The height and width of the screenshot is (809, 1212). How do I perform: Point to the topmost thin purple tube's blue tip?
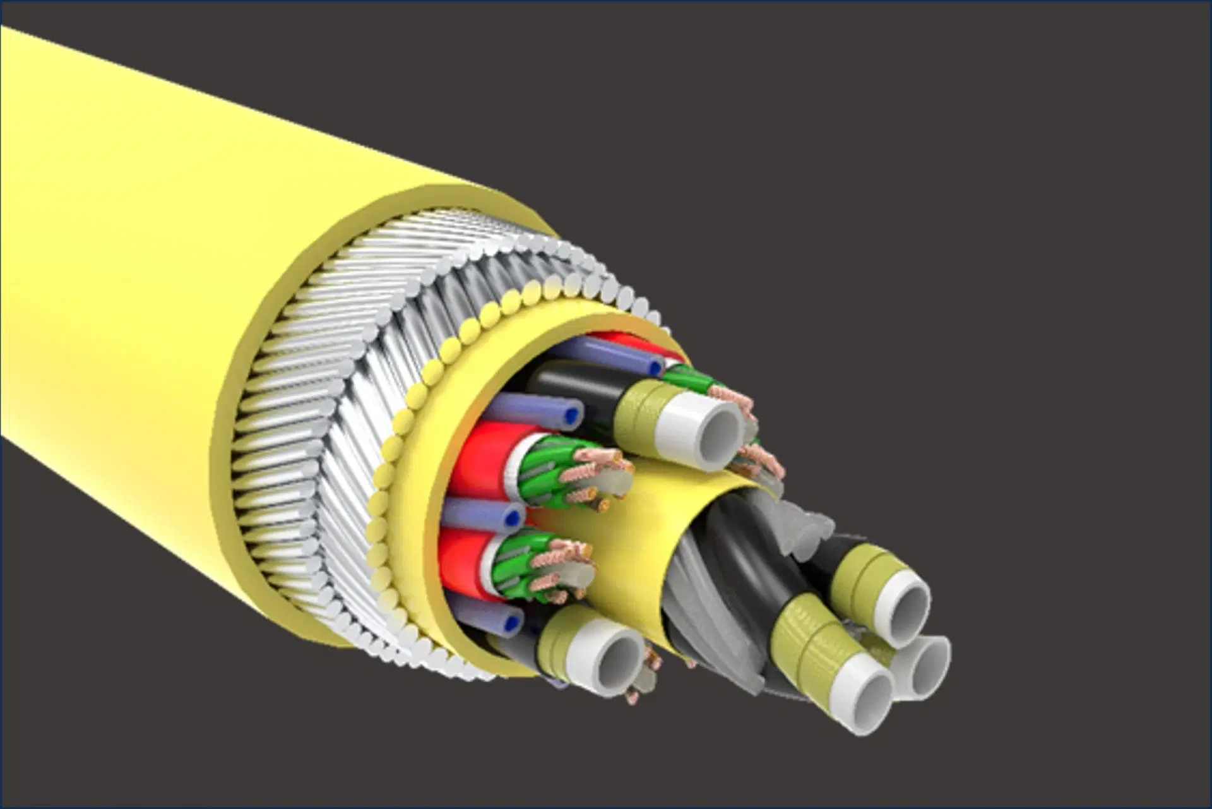click(656, 366)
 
